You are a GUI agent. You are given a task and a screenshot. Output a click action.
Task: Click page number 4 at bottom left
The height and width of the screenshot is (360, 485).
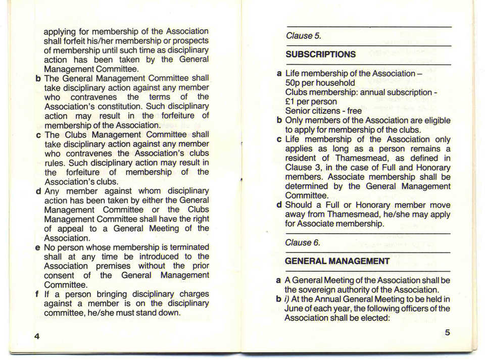37,336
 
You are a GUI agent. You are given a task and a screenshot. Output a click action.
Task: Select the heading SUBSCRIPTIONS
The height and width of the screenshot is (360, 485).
320,55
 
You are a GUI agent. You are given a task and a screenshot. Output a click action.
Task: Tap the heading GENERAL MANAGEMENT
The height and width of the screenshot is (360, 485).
337,262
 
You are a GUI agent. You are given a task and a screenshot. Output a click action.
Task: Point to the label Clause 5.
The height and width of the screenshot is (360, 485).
303,36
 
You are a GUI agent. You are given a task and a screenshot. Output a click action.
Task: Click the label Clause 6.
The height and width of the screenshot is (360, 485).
303,243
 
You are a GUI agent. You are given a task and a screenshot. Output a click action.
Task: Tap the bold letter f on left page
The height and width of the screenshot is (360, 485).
38,294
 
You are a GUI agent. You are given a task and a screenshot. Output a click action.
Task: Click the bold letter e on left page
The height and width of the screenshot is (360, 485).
38,247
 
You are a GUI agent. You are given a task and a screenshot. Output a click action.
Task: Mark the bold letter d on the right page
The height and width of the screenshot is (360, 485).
279,205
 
